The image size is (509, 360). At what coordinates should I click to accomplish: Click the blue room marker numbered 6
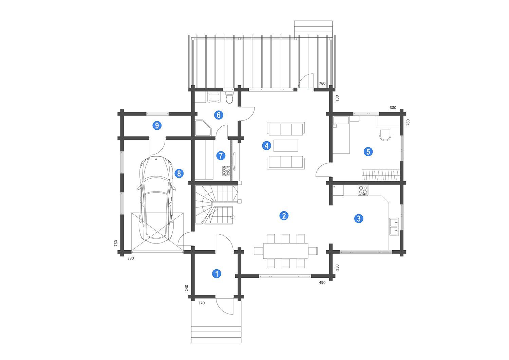click(x=219, y=115)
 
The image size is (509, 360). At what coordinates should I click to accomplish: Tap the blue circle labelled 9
click(x=157, y=125)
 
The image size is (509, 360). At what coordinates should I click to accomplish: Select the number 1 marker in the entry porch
click(x=217, y=274)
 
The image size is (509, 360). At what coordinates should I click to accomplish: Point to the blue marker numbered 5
click(x=368, y=151)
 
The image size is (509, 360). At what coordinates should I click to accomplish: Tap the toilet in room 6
click(x=230, y=97)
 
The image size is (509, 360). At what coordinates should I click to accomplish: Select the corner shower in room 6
click(x=203, y=128)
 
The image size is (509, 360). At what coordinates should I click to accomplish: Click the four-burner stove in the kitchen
click(x=363, y=190)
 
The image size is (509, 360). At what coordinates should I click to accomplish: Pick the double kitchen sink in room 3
click(x=394, y=227)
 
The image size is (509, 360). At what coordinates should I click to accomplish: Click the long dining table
click(x=286, y=251)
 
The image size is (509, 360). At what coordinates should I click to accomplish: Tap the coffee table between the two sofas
click(x=286, y=146)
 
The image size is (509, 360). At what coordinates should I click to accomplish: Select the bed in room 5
click(x=341, y=135)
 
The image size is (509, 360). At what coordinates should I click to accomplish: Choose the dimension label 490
click(x=322, y=283)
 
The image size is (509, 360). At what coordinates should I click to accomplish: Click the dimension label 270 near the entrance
click(x=202, y=303)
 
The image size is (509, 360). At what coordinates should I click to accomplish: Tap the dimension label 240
click(x=187, y=288)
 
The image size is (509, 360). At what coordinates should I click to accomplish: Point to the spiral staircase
click(x=216, y=204)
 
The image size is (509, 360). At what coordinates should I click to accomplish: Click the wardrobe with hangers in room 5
click(x=381, y=175)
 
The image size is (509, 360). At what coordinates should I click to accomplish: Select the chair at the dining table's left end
click(x=258, y=251)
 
